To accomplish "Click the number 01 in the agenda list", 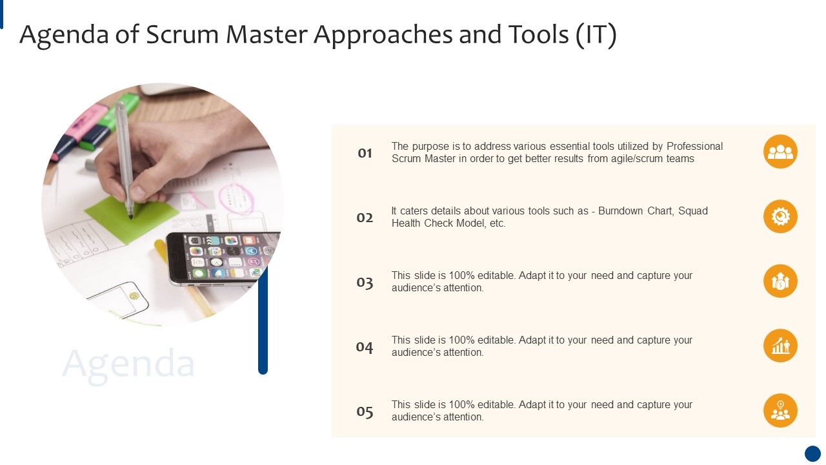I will pos(365,153).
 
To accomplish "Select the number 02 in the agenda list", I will pos(365,218).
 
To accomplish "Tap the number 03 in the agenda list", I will pos(365,282).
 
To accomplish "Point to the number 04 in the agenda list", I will pos(365,347).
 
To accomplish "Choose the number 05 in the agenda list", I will pos(365,411).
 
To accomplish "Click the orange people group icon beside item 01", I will pos(780,152).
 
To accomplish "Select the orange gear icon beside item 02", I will pos(780,216).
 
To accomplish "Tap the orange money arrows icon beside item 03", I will pos(780,281).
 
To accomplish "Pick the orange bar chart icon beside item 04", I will pos(780,346).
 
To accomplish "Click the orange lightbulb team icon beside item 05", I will pos(780,410).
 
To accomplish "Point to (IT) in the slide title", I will pos(595,35).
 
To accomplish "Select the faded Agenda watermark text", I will pos(128,363).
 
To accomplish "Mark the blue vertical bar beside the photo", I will pos(263,320).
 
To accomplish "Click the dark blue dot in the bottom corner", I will pos(812,453).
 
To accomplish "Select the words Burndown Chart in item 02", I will pos(635,211).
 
